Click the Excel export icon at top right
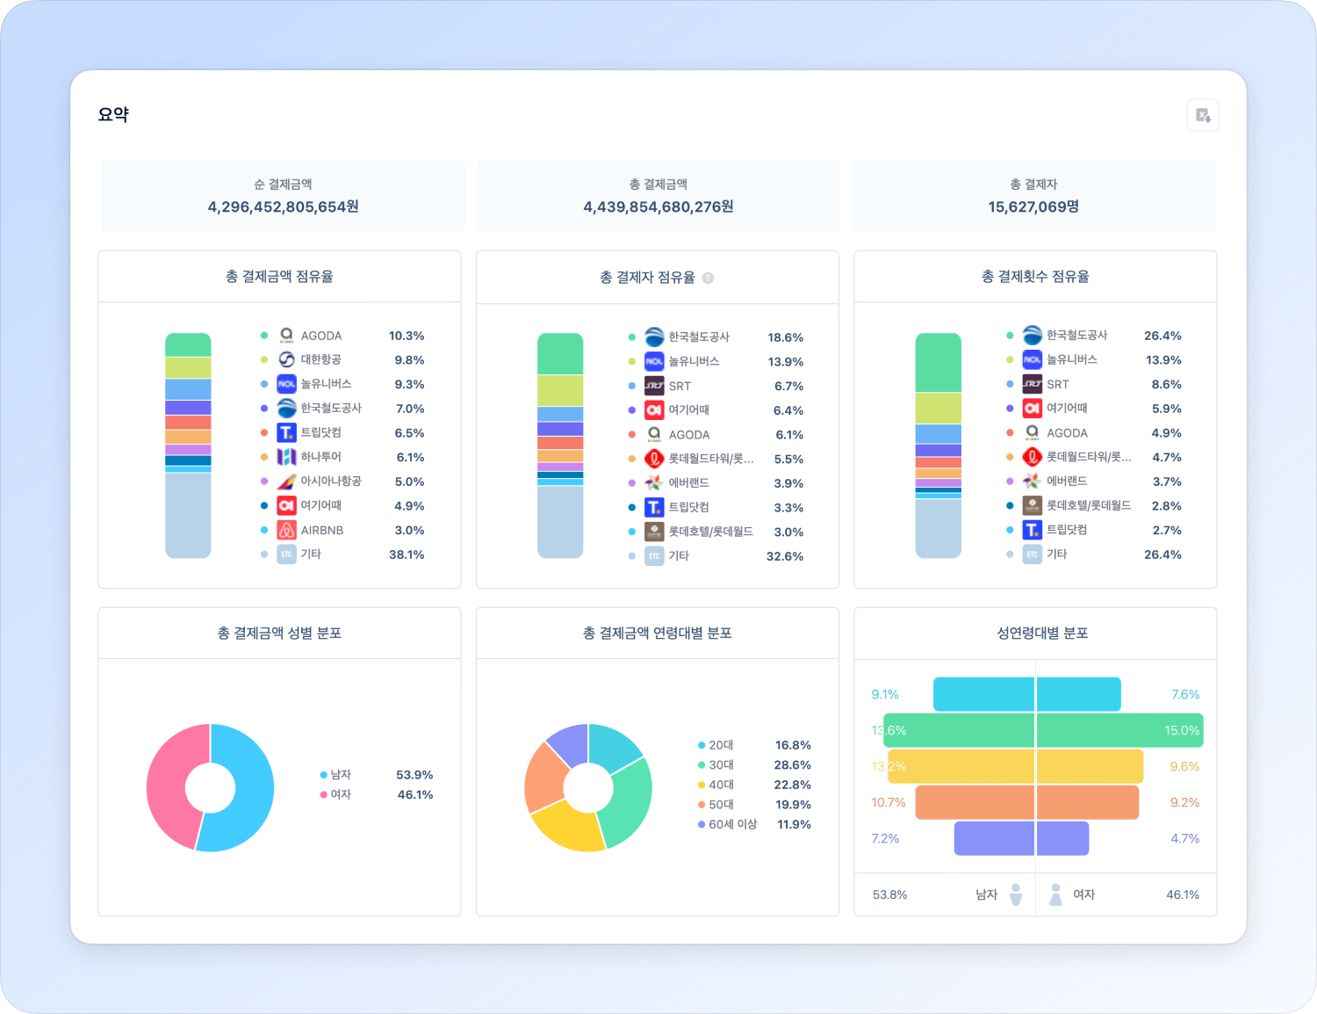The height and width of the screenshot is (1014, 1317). tap(1203, 115)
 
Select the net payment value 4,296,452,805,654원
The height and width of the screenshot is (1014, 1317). tap(283, 207)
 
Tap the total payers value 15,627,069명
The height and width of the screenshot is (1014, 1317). tap(1033, 207)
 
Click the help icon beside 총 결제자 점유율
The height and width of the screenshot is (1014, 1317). tap(708, 278)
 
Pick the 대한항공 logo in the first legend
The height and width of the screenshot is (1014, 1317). tap(286, 359)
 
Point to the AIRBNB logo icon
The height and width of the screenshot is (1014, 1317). tap(286, 530)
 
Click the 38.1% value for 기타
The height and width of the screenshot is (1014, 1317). tap(407, 554)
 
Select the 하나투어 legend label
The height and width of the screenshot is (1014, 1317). tap(320, 457)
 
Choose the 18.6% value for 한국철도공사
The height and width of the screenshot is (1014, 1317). tap(785, 337)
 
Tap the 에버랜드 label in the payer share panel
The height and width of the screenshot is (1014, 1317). tap(688, 483)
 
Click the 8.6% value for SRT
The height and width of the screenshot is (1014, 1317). tap(1166, 384)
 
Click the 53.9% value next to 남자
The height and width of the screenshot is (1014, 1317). tap(414, 775)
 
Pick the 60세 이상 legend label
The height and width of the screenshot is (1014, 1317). tap(732, 824)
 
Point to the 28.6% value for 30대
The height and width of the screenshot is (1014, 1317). tap(792, 765)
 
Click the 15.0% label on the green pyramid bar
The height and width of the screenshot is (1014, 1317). tap(1182, 730)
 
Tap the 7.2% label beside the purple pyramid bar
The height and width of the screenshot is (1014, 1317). tap(885, 838)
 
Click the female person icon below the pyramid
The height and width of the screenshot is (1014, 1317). tap(1055, 894)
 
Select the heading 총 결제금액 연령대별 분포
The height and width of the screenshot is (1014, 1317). tap(657, 633)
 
